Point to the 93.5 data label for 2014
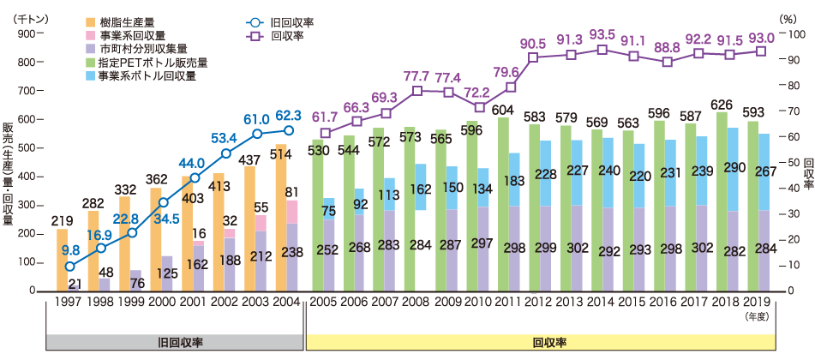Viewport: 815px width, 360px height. (602, 33)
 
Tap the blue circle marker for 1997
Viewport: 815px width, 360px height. (69, 266)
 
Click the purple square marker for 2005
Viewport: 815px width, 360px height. (325, 133)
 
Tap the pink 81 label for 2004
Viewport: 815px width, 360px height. (291, 192)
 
